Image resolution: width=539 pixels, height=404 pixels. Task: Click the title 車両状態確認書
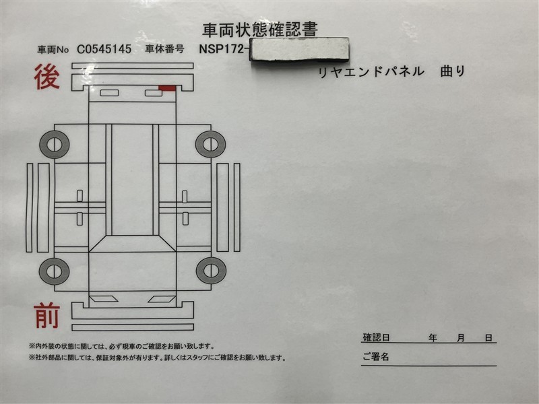[x=260, y=30]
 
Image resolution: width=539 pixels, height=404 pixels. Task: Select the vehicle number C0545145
[x=104, y=49]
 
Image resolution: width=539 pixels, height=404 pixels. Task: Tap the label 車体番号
[x=164, y=49]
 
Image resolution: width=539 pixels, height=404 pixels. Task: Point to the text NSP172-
[x=224, y=48]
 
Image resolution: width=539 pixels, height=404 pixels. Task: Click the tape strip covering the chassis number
[x=299, y=49]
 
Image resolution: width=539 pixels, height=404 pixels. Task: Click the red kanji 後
[x=47, y=77]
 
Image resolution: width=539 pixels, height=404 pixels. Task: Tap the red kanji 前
[x=47, y=316]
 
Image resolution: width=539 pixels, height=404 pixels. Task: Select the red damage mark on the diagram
[x=167, y=88]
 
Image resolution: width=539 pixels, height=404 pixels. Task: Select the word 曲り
[x=453, y=71]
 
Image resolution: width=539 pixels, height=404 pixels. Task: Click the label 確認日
[x=376, y=338]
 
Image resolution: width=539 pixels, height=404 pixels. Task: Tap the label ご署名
[x=376, y=357]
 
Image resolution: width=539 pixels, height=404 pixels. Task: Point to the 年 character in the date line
[x=433, y=338]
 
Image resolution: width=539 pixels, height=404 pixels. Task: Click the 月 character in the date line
[x=461, y=338]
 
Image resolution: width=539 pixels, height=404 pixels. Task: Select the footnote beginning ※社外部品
[x=158, y=358]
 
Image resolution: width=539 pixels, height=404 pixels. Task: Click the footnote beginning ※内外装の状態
[x=122, y=346]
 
